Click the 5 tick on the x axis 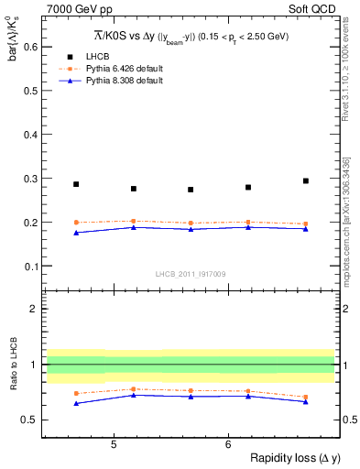[x=113, y=443]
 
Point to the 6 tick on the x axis [x=227, y=443]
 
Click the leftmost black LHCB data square [x=76, y=184]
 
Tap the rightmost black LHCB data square [x=306, y=180]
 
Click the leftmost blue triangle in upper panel [x=76, y=233]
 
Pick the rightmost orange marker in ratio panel [x=306, y=397]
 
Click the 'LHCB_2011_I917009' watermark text [x=190, y=273]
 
